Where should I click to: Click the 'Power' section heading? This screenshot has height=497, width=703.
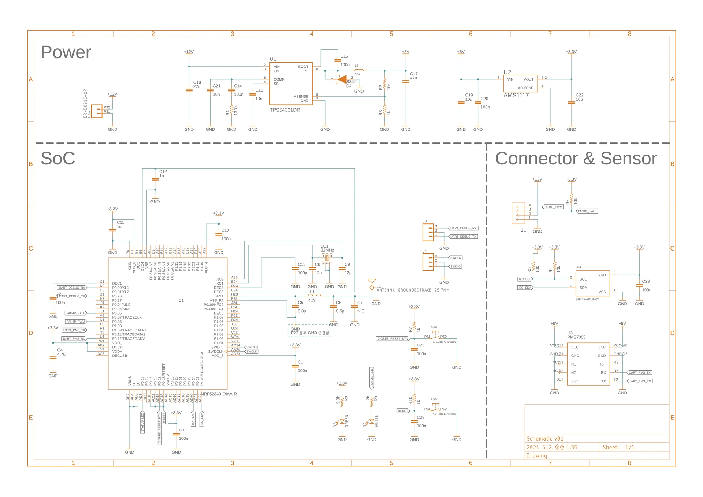66,52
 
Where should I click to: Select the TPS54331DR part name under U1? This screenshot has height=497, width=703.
284,110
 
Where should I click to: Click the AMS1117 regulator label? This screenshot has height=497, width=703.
516,95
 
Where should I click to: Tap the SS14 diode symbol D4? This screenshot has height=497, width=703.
342,79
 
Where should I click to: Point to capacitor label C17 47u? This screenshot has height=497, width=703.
413,76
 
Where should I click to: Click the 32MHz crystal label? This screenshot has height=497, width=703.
327,250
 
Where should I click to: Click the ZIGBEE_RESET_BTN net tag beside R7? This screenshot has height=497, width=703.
393,339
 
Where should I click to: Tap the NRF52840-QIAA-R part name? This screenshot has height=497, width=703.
219,394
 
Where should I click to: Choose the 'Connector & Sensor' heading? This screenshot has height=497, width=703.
576,159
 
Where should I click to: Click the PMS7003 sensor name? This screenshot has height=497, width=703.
576,337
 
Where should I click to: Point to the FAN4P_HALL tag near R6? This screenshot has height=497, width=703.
587,211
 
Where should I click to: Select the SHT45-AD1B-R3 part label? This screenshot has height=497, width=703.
587,300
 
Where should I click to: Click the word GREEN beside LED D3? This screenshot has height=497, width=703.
347,421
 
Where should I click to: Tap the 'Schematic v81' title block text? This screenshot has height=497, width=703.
544,439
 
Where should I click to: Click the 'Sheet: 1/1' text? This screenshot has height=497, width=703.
618,448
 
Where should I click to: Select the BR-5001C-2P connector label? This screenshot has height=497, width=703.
85,103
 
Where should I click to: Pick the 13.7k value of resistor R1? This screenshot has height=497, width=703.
236,110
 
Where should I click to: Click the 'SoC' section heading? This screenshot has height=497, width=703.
57,159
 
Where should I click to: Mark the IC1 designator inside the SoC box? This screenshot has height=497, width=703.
180,301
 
